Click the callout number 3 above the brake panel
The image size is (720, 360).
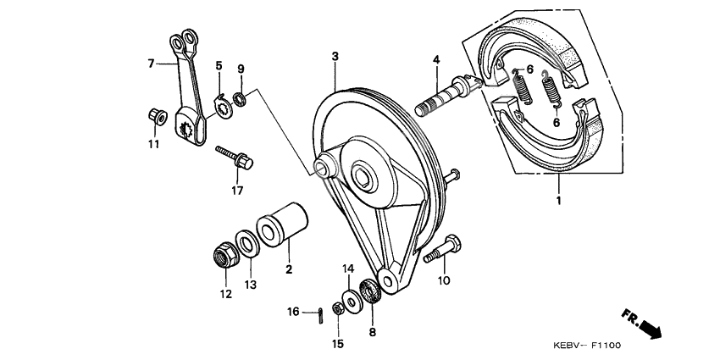pos(335,56)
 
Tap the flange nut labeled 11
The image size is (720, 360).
pos(156,115)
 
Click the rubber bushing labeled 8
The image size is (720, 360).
pos(370,292)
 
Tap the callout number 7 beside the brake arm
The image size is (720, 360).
pos(152,63)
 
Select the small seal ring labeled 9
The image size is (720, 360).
pos(240,99)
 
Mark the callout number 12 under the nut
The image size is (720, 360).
pos(225,294)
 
